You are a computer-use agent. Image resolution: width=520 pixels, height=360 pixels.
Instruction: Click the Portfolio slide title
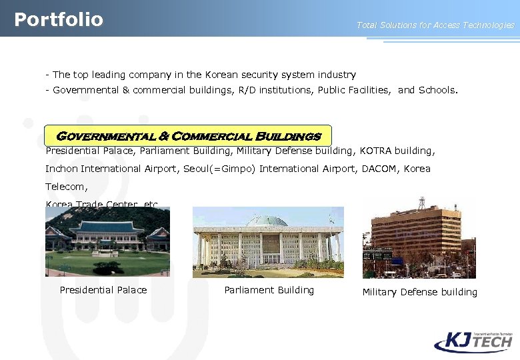tap(59, 19)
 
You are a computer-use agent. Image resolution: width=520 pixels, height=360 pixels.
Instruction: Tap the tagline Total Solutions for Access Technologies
tap(435, 25)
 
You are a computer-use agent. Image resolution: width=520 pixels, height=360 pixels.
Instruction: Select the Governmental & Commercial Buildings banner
tap(188, 136)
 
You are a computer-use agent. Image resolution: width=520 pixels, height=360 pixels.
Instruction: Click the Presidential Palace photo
tap(107, 241)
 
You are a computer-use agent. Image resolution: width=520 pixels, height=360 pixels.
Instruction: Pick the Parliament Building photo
tap(268, 242)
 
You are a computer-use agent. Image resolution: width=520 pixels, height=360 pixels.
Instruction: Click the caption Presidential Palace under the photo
tap(103, 290)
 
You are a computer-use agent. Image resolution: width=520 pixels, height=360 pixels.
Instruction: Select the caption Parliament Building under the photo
tap(269, 290)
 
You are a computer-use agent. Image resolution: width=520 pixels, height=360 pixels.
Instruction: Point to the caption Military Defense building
tap(419, 292)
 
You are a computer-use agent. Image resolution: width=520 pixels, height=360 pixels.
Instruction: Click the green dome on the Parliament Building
tap(267, 221)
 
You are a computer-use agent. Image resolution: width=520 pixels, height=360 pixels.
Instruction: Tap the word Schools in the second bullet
tap(437, 90)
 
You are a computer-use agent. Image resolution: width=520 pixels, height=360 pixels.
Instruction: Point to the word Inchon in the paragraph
tap(61, 169)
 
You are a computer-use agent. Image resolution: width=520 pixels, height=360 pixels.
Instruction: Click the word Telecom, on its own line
tap(66, 187)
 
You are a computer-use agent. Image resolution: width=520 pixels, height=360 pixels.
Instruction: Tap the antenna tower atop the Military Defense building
tap(421, 203)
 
